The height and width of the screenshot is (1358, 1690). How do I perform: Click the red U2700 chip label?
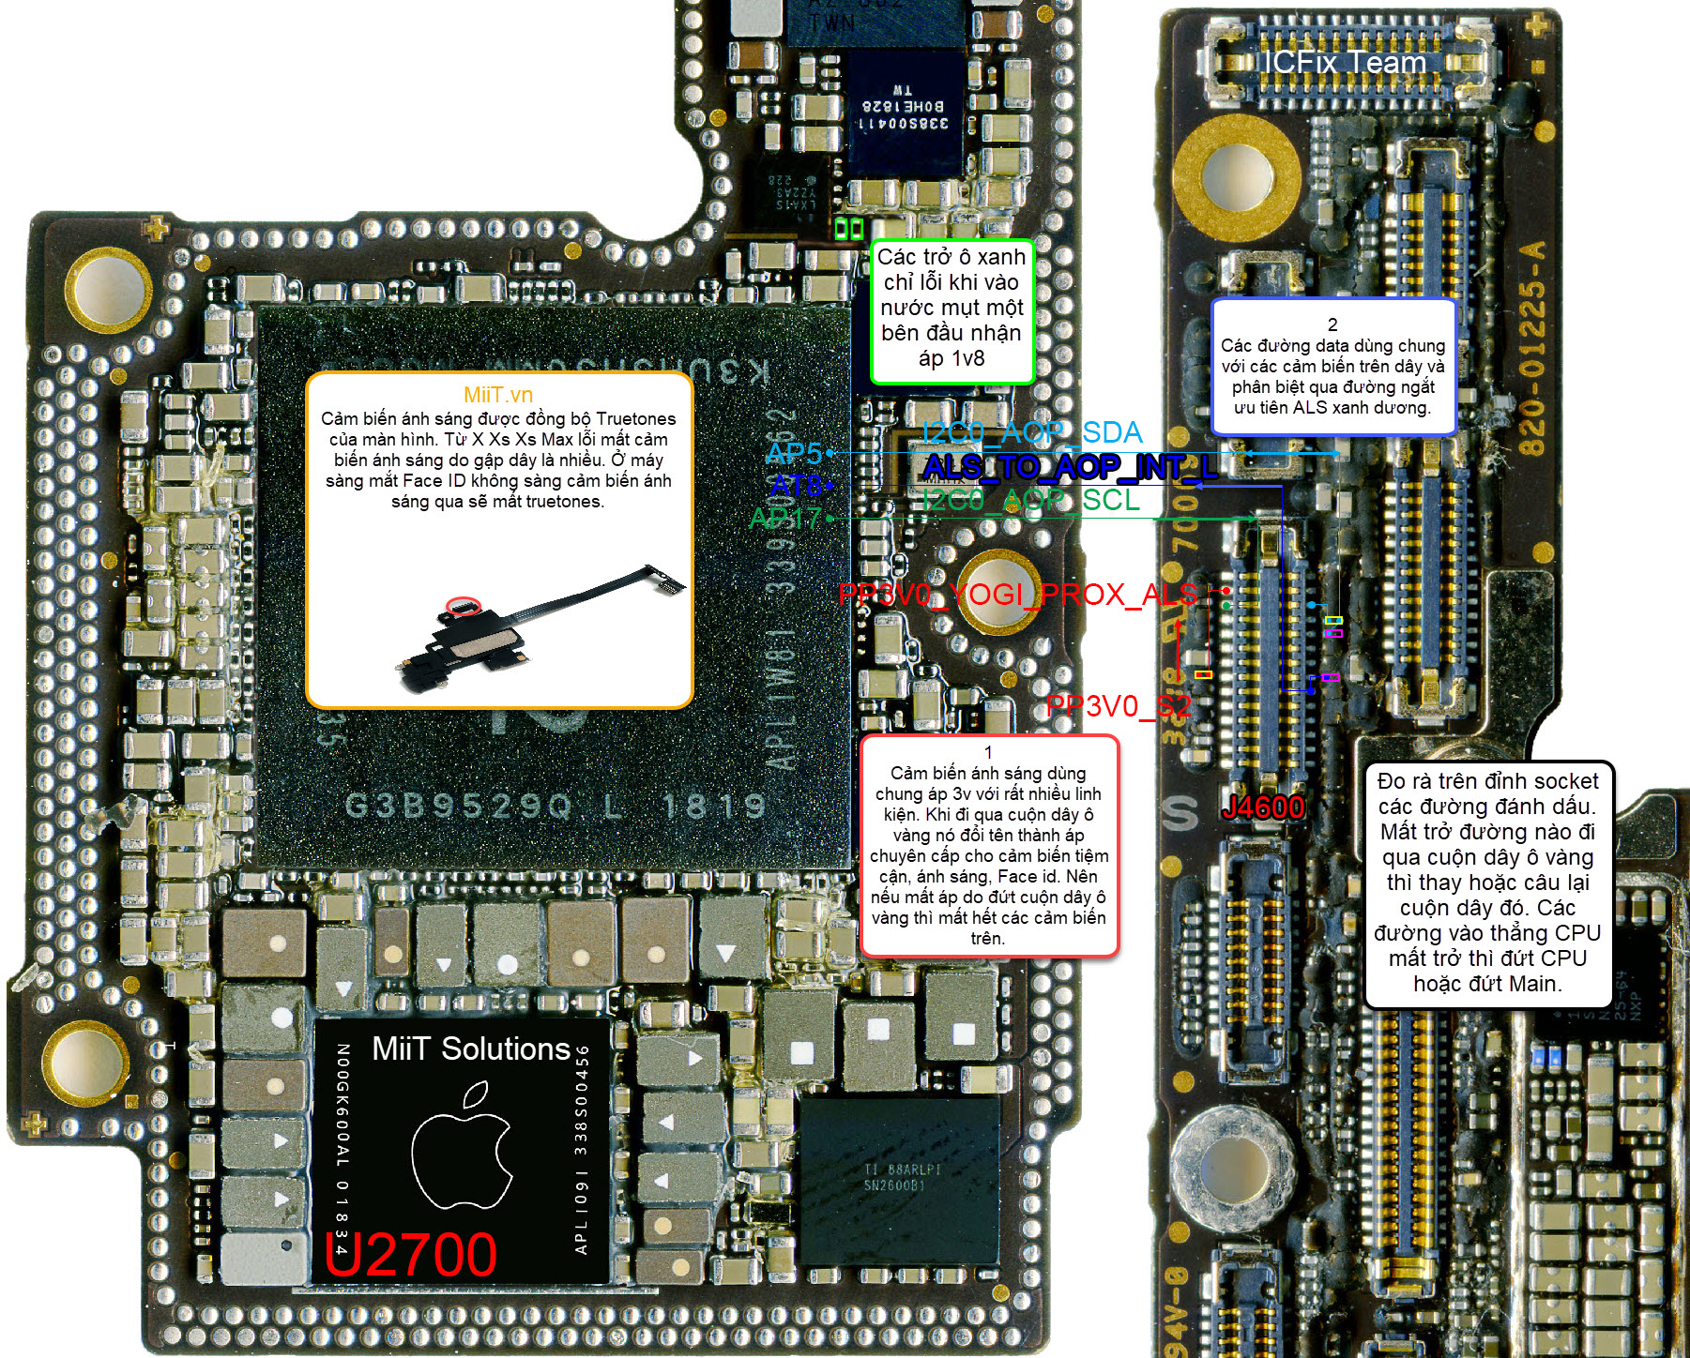click(411, 1254)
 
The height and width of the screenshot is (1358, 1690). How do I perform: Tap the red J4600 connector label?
click(1262, 807)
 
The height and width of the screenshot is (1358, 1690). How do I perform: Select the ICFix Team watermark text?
click(1344, 63)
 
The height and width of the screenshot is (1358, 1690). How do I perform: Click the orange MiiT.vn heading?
click(498, 395)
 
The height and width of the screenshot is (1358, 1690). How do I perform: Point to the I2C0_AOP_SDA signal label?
click(1031, 432)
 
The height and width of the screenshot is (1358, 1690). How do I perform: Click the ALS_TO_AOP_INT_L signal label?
click(1069, 466)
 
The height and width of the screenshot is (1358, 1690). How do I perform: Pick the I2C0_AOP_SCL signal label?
click(1030, 500)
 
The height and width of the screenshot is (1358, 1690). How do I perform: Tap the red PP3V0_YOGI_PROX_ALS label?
click(1018, 594)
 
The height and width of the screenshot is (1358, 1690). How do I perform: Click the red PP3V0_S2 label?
click(1118, 705)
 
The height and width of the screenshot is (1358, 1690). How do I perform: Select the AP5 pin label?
click(793, 453)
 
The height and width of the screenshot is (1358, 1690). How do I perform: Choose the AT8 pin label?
click(795, 486)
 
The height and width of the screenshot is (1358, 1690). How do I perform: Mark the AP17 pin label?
click(785, 518)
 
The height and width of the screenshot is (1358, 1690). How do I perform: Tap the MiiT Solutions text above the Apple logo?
click(471, 1049)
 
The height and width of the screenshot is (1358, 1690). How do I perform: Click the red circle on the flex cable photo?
click(463, 606)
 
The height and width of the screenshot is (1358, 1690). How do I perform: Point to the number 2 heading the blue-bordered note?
click(1332, 324)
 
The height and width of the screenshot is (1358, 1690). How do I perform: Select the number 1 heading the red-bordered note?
click(988, 752)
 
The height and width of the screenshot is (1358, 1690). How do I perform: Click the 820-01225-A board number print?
click(1530, 348)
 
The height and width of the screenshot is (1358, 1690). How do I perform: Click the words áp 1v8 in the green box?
click(952, 357)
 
